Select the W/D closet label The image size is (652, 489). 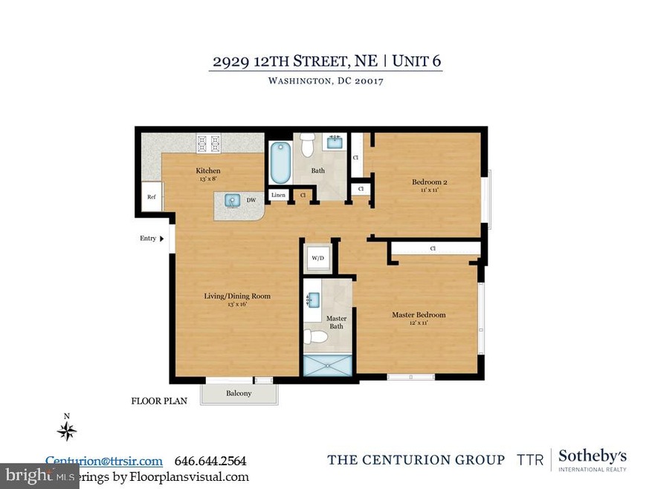pyautogui.click(x=318, y=259)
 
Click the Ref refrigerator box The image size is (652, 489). pyautogui.click(x=151, y=197)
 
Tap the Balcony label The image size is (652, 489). pyautogui.click(x=238, y=393)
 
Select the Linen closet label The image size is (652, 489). pyautogui.click(x=278, y=195)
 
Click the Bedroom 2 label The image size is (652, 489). pyautogui.click(x=429, y=182)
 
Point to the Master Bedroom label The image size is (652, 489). pyautogui.click(x=419, y=315)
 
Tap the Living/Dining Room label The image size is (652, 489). pyautogui.click(x=237, y=296)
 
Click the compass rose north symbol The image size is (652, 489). pyautogui.click(x=68, y=430)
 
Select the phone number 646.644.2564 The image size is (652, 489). pyautogui.click(x=210, y=461)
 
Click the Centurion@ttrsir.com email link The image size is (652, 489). pyautogui.click(x=104, y=461)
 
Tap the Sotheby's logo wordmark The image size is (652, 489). pyautogui.click(x=592, y=456)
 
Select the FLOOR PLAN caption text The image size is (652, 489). pyautogui.click(x=159, y=401)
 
